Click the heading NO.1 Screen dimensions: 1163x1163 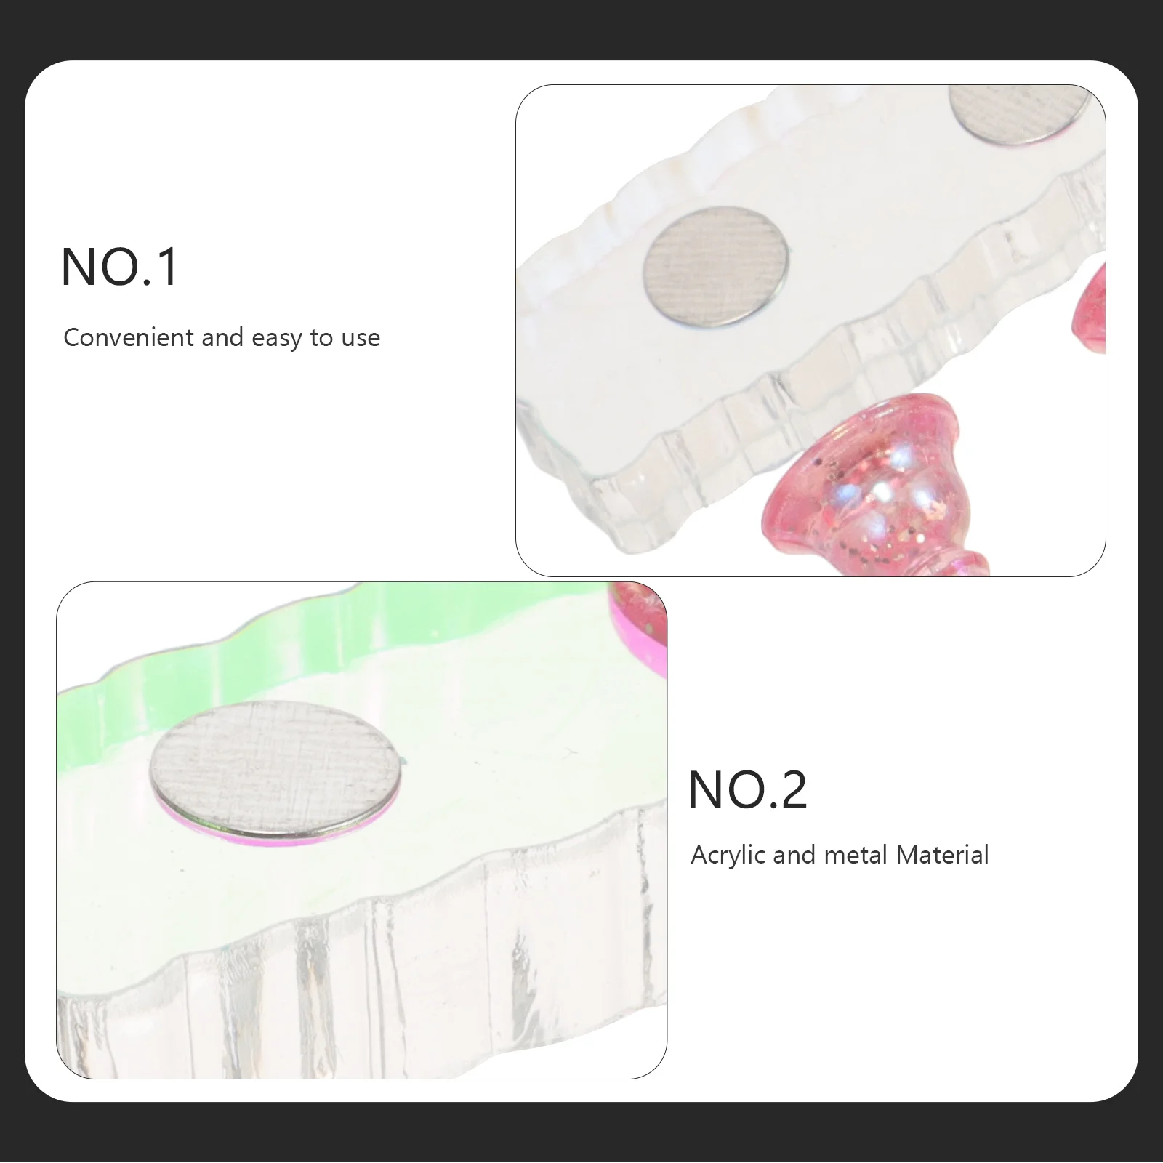click(x=119, y=267)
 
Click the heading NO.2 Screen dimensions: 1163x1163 click(x=747, y=790)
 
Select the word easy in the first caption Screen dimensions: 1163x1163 click(x=278, y=339)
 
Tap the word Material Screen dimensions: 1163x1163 click(x=942, y=855)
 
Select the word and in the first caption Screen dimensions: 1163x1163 click(x=222, y=338)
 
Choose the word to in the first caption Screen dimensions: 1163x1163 click(x=321, y=339)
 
